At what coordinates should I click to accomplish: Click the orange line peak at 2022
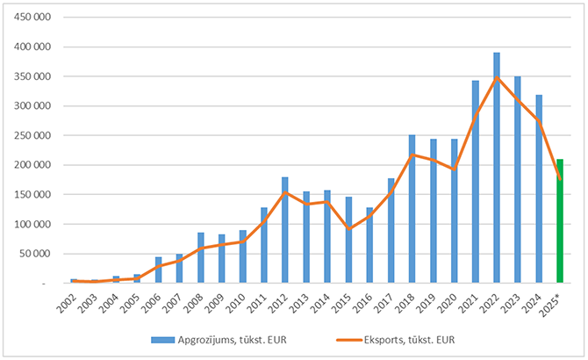tap(497, 77)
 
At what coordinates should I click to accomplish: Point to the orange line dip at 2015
tap(348, 229)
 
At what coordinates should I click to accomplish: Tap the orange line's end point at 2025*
tap(560, 179)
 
